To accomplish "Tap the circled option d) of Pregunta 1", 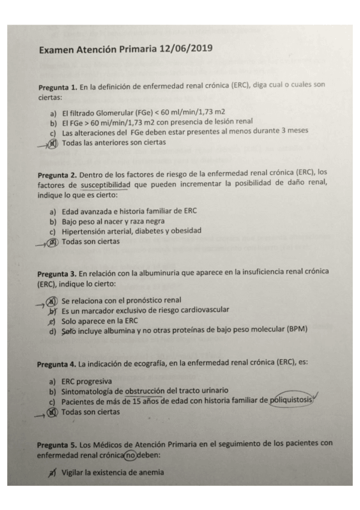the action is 54,143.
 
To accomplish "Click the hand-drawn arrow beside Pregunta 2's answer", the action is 41,243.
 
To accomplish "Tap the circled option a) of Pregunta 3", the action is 54,300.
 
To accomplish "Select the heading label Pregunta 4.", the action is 56,364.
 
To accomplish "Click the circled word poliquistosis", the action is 291,402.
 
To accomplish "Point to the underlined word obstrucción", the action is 148,392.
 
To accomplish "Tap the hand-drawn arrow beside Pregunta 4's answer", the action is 40,413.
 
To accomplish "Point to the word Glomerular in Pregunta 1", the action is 109,112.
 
